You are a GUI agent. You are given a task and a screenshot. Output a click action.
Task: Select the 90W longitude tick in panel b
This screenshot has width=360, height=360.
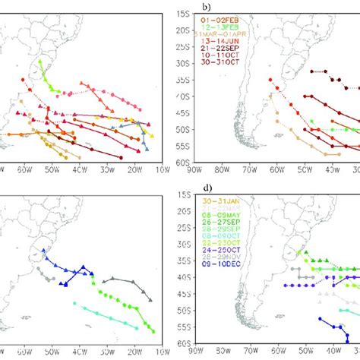[201, 171]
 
